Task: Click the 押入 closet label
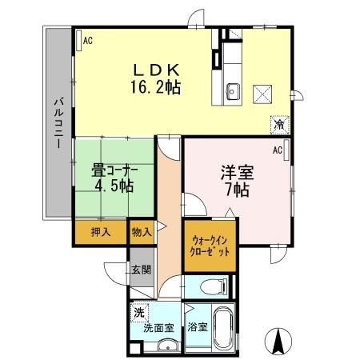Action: (x=101, y=233)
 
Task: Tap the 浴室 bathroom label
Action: (x=197, y=326)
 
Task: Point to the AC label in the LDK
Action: (x=87, y=38)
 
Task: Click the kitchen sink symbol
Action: (x=233, y=90)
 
